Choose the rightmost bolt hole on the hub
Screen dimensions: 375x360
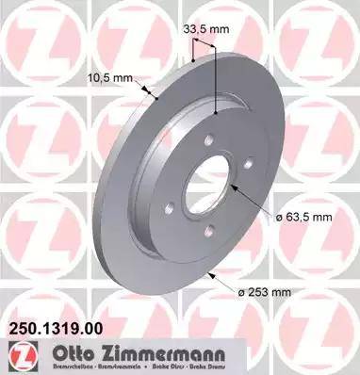pyautogui.click(x=248, y=165)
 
